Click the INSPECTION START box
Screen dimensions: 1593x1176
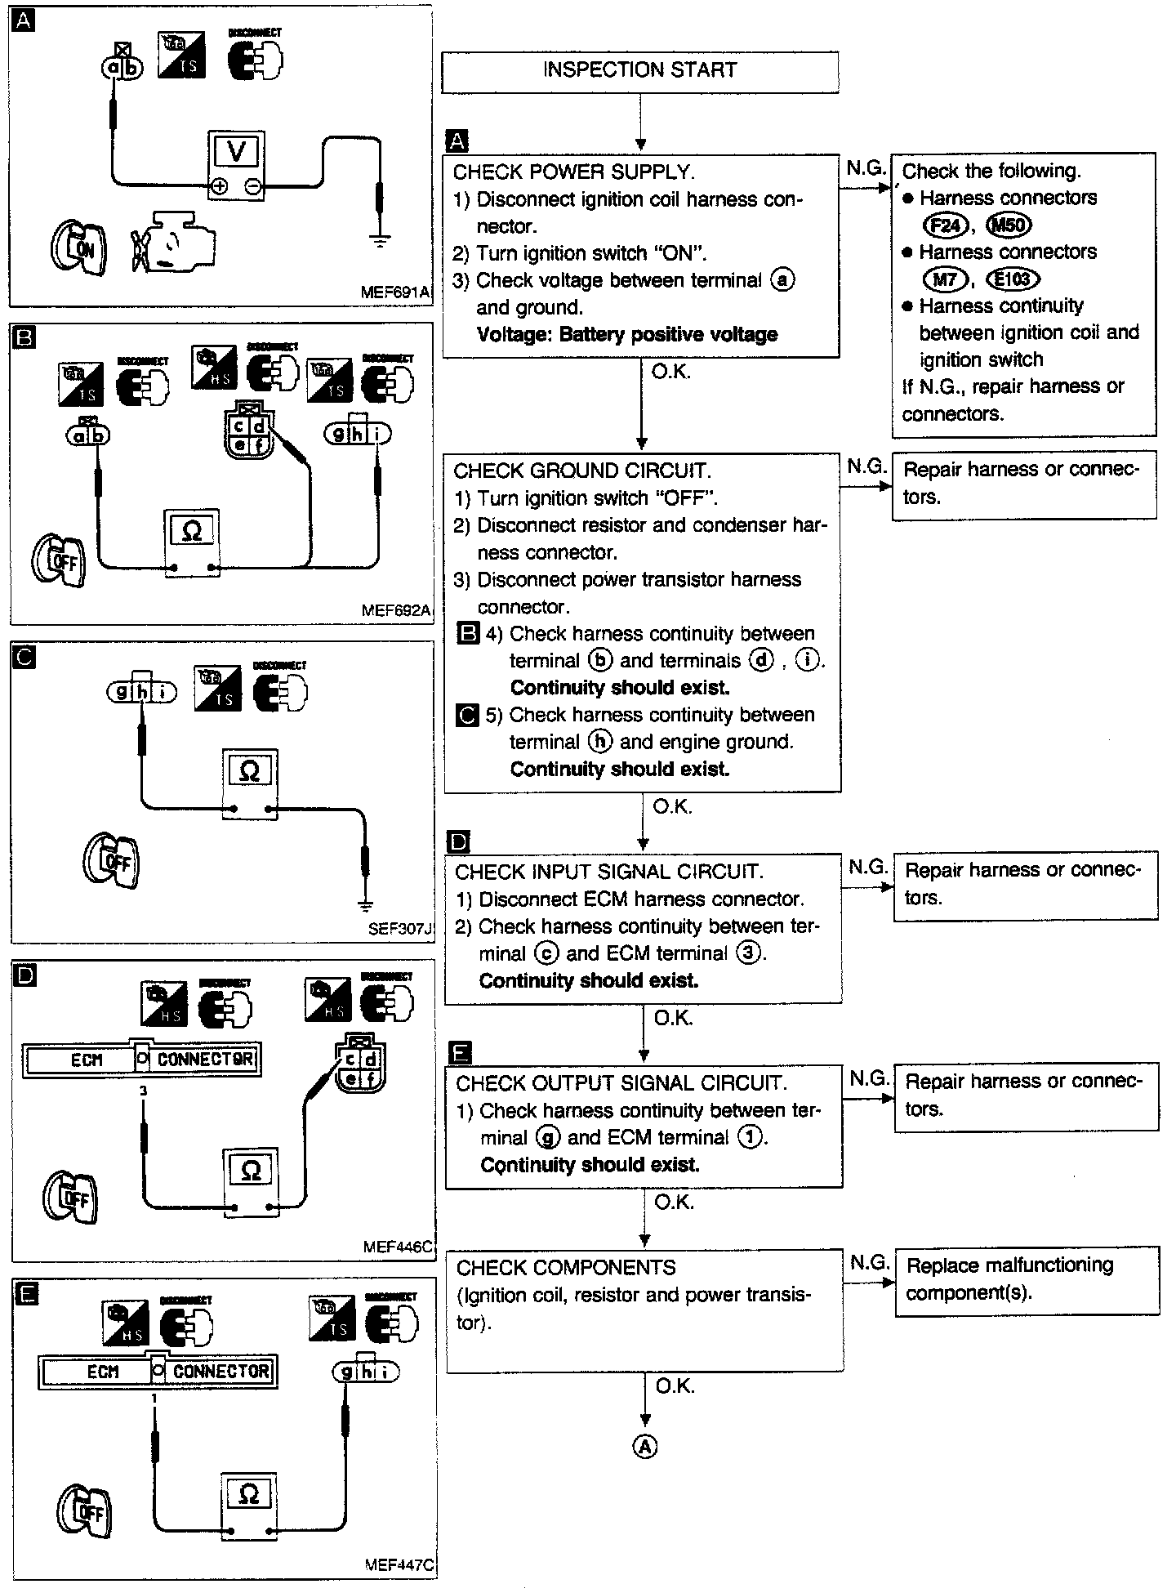coord(639,71)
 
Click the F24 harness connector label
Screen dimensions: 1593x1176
coord(944,225)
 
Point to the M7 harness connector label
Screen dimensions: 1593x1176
coord(945,279)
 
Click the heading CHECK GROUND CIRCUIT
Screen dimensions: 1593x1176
coord(582,471)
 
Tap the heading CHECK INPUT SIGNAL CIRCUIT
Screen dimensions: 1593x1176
coord(609,872)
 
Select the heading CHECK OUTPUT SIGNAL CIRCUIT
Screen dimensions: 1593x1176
coord(621,1083)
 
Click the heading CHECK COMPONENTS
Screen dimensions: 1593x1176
coord(566,1268)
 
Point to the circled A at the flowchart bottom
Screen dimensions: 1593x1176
coord(645,1447)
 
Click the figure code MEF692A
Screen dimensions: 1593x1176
coord(395,610)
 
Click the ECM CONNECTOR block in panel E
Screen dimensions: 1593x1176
coord(158,1371)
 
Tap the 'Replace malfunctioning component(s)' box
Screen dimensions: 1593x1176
coord(1027,1279)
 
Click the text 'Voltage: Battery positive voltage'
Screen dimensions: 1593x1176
coord(626,334)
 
